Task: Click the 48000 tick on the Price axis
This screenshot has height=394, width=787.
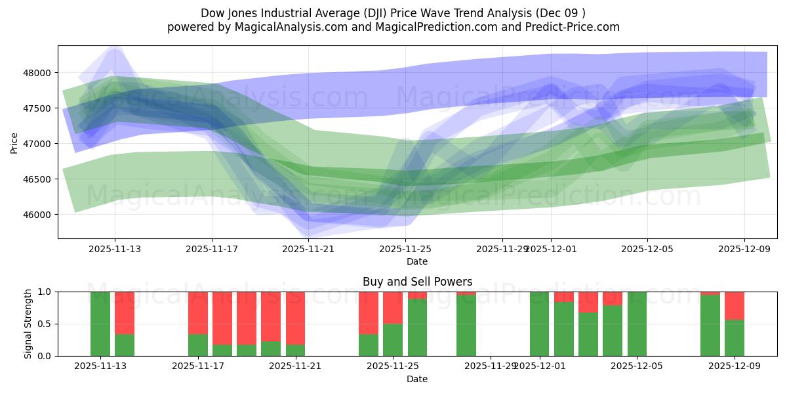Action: pos(39,73)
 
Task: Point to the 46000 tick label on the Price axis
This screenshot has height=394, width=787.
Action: pos(39,215)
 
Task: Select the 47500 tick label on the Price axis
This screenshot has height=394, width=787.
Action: pos(39,108)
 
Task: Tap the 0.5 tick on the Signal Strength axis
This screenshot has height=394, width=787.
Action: pos(47,324)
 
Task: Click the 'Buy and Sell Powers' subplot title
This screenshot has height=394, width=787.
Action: pos(417,282)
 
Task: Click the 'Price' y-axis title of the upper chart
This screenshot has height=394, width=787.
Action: pos(15,142)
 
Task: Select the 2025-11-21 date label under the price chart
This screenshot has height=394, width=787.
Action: pos(308,249)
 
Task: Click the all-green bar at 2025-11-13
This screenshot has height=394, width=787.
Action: pos(100,324)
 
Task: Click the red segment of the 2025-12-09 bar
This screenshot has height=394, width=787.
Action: pos(735,305)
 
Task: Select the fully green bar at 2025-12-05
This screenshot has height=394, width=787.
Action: pos(637,324)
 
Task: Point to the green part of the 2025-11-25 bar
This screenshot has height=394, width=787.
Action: pos(393,340)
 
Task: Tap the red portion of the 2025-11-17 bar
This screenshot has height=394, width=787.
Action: pos(198,313)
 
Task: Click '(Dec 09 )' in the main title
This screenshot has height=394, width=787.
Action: pos(561,12)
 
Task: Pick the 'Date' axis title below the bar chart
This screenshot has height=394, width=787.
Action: pos(417,379)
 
